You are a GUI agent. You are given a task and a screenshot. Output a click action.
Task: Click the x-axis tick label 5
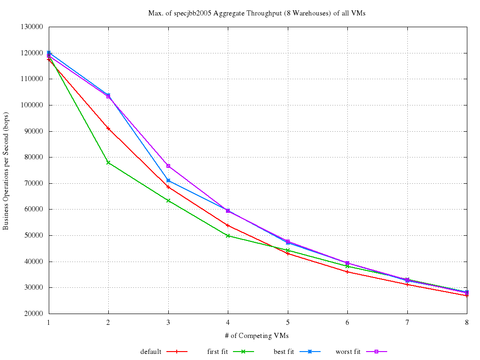288,322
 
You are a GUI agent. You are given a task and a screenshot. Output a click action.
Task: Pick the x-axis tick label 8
466,322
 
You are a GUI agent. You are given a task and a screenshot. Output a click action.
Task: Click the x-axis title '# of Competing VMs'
257,336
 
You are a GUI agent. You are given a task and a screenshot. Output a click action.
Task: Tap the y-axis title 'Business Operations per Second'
6,170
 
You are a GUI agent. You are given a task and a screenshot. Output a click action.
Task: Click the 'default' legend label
151,352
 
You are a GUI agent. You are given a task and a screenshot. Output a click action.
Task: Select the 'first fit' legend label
217,352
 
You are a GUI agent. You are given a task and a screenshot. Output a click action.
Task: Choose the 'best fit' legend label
284,352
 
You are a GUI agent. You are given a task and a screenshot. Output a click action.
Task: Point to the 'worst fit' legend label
348,352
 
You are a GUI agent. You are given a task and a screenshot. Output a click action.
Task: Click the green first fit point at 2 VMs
108,163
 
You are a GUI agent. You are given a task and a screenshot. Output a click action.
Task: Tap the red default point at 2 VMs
108,128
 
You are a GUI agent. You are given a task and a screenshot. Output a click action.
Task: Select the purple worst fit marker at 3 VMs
168,166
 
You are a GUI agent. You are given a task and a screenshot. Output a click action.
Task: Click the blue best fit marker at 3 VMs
168,180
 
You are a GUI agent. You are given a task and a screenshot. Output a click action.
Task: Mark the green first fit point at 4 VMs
228,236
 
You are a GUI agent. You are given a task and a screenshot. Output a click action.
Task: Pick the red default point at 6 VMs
347,272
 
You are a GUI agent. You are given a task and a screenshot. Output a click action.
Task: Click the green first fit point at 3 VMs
168,201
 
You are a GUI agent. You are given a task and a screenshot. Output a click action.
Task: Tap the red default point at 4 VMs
228,225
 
